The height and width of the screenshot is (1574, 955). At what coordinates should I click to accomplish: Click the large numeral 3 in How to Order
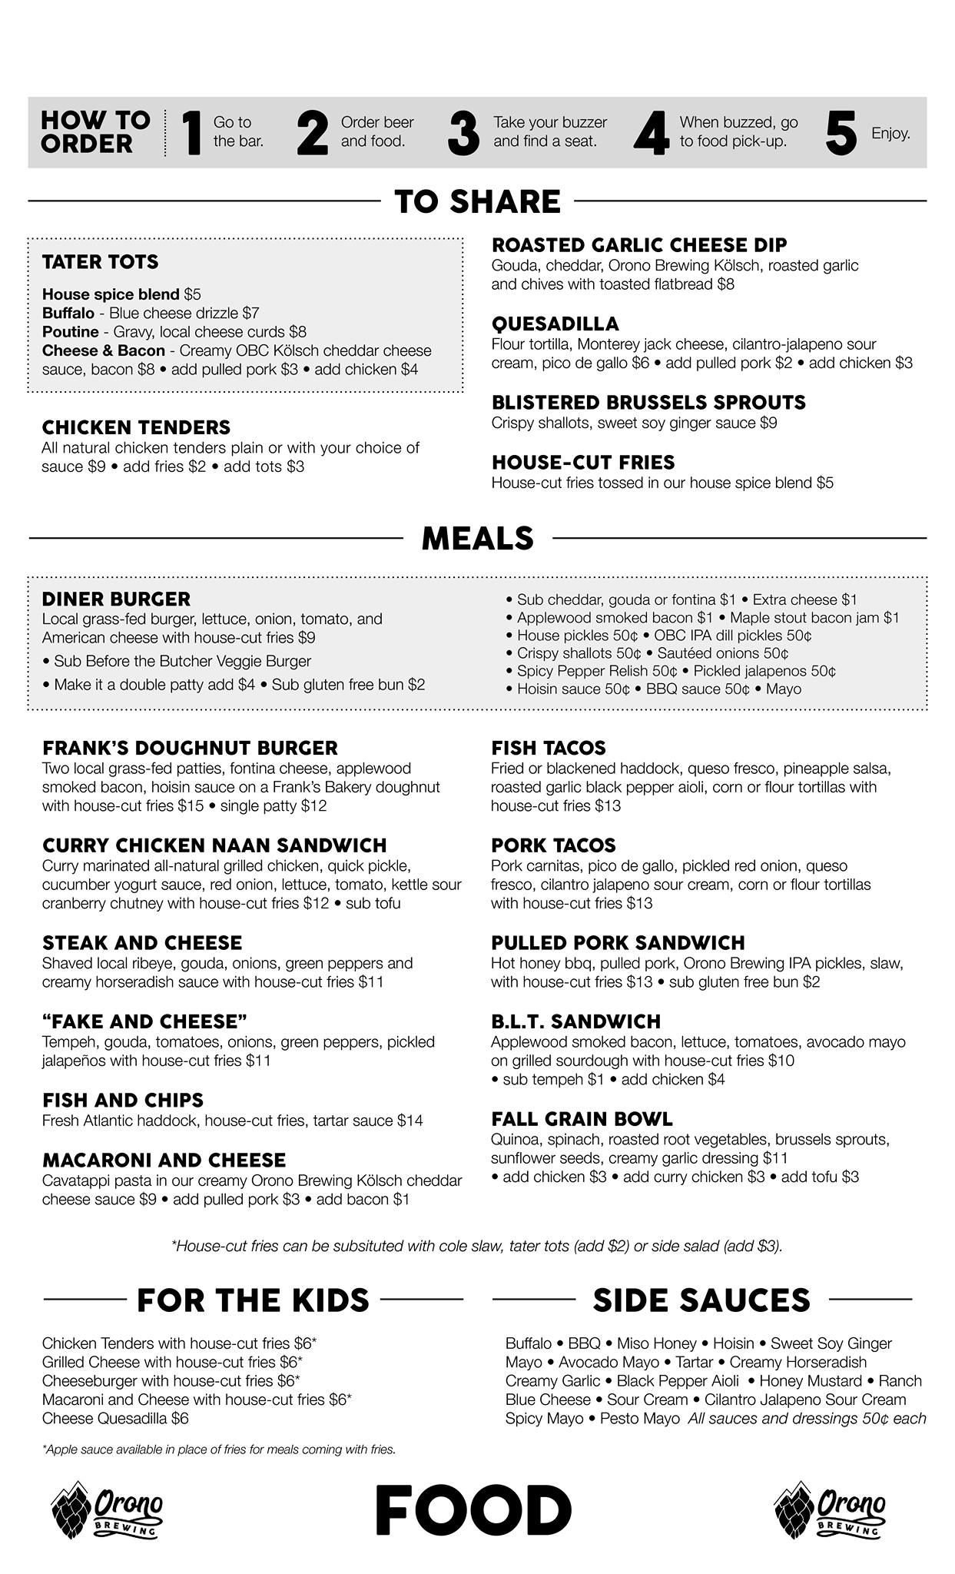point(463,133)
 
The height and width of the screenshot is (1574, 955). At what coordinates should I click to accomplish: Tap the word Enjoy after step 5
point(890,134)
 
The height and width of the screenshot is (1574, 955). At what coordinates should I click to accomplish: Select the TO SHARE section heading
point(477,201)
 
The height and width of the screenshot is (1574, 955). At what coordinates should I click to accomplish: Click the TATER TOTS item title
point(100,262)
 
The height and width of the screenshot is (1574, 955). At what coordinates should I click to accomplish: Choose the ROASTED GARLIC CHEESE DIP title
point(639,245)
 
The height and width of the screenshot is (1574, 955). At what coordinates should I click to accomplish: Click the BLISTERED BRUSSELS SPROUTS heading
point(648,403)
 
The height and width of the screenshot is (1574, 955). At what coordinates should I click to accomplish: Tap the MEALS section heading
point(477,538)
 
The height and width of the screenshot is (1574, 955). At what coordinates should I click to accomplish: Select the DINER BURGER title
point(116,599)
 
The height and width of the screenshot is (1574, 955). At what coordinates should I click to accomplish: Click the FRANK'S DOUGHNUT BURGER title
point(190,749)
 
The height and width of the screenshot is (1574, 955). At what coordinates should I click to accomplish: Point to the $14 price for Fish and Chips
point(410,1121)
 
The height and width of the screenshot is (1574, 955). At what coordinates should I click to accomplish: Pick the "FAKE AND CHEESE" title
point(144,1022)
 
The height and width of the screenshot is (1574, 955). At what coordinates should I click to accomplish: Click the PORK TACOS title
point(553,845)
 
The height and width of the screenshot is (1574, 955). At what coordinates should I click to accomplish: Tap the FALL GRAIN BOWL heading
point(582,1119)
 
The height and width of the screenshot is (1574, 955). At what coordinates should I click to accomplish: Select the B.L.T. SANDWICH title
point(575,1022)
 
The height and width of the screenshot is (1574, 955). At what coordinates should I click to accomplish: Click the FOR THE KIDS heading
point(253,1300)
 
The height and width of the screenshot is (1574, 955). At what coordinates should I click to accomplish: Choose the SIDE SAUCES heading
point(701,1300)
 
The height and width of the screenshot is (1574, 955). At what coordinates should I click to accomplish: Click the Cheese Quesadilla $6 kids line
point(115,1419)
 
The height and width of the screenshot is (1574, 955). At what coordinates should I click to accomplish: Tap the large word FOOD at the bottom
point(473,1510)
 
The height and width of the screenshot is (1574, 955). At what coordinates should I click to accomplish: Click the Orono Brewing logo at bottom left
point(106,1510)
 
